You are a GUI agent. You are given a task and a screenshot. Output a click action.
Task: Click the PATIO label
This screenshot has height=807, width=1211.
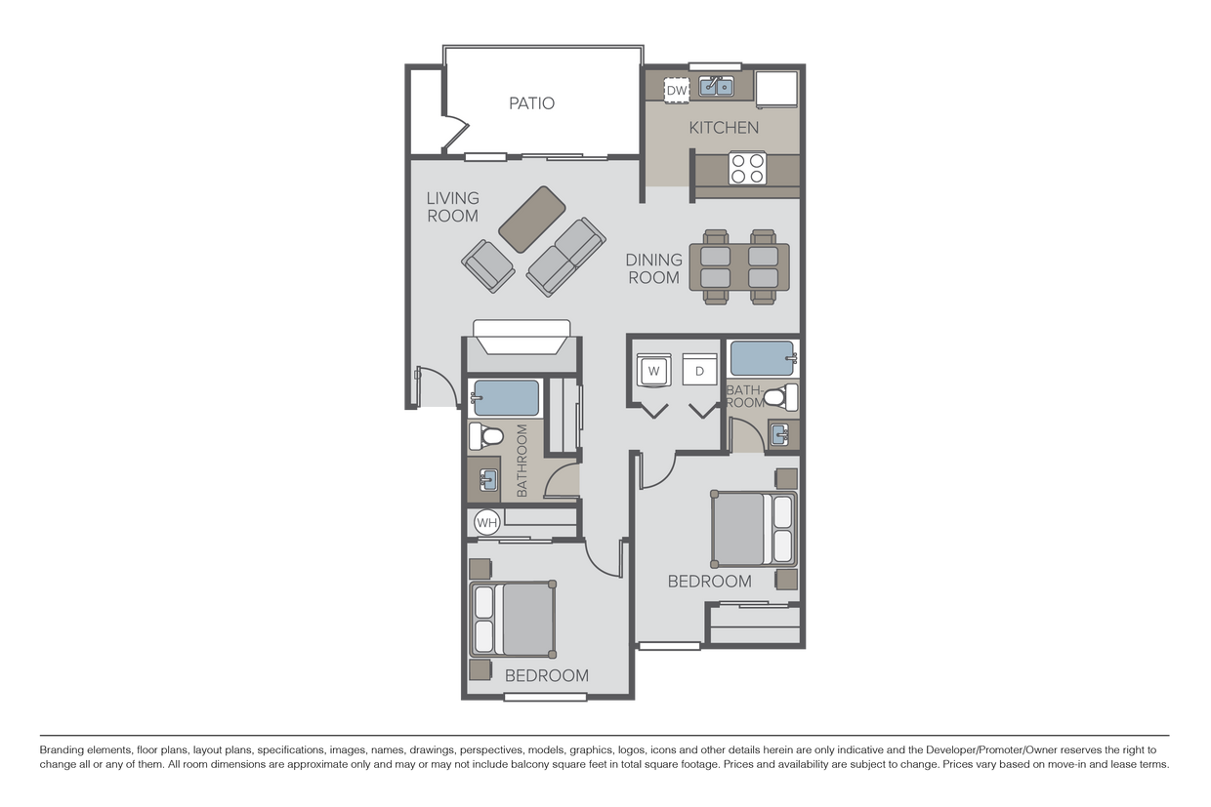pyautogui.click(x=531, y=103)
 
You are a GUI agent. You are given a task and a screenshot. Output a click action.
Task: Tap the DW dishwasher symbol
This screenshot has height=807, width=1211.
pyautogui.click(x=677, y=91)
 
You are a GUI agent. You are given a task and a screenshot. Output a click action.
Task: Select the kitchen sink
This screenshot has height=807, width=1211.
pyautogui.click(x=718, y=88)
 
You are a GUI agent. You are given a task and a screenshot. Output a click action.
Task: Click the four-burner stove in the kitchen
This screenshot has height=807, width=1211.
pyautogui.click(x=747, y=168)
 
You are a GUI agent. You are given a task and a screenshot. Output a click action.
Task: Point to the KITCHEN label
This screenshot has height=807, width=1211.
pyautogui.click(x=724, y=128)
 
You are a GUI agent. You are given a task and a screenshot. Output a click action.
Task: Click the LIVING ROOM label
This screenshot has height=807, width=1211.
pyautogui.click(x=452, y=207)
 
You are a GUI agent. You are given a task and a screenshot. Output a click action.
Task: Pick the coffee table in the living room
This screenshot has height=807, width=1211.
pyautogui.click(x=532, y=214)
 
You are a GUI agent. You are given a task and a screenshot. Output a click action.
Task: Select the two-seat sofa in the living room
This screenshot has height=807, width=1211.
pyautogui.click(x=566, y=256)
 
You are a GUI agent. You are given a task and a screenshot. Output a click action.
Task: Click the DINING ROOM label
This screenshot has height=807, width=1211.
pyautogui.click(x=653, y=268)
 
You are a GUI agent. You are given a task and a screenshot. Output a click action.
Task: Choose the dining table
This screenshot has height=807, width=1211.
pyautogui.click(x=739, y=266)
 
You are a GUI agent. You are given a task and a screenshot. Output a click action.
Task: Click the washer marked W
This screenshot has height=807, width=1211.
pyautogui.click(x=654, y=370)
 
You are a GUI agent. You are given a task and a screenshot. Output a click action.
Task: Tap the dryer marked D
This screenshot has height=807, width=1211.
pyautogui.click(x=699, y=370)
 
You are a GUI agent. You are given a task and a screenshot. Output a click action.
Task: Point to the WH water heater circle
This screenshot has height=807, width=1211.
pyautogui.click(x=486, y=523)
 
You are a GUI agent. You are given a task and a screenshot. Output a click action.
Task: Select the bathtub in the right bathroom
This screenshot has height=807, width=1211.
pyautogui.click(x=763, y=358)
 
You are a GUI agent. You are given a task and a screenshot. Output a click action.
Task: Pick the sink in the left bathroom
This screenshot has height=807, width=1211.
pyautogui.click(x=487, y=479)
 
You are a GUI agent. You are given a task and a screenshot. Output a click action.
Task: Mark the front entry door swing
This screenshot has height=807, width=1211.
pyautogui.click(x=436, y=387)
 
